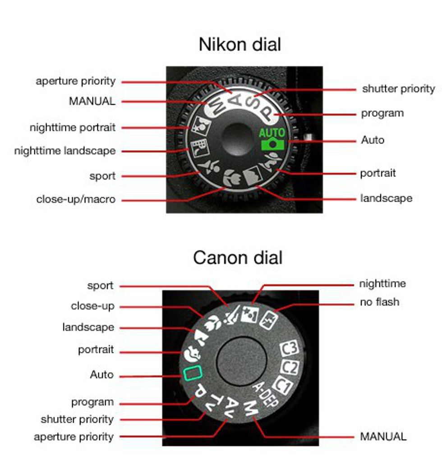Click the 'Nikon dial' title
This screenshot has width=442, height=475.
239,45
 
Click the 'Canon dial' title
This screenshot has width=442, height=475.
238,258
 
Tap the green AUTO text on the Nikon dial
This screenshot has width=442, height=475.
272,133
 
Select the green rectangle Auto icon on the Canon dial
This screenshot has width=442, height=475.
192,374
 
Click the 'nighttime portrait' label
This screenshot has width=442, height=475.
72,128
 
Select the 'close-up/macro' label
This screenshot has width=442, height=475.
76,199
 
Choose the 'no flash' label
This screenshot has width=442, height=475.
379,302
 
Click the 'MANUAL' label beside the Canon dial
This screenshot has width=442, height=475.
383,436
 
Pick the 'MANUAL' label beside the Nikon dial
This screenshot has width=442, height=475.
92,101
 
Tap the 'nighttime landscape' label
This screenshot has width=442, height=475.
64,151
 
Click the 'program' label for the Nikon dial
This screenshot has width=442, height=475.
382,113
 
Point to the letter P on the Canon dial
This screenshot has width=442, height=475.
199,392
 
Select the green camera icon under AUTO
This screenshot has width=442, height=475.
272,144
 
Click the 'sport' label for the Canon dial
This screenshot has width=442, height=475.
100,286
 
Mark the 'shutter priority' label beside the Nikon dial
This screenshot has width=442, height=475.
398,89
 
